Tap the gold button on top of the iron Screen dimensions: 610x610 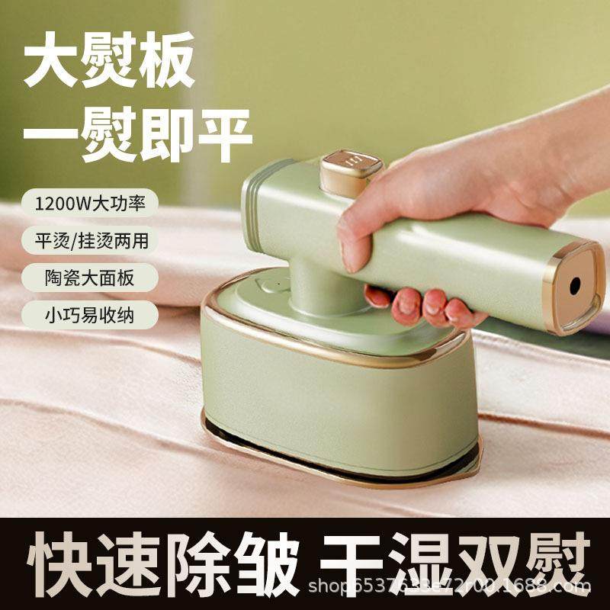(351, 169)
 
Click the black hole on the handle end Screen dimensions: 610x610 (574, 286)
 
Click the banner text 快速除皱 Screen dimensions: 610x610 (162, 563)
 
